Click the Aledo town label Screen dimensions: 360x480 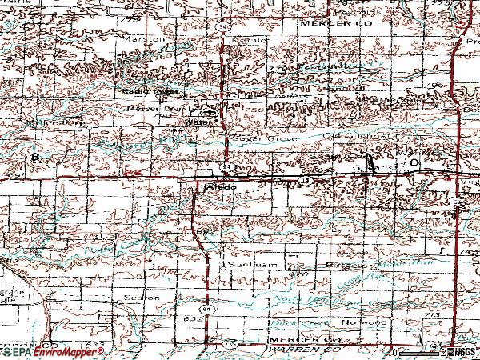coord(219,186)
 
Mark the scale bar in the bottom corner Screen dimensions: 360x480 coord(420,352)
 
